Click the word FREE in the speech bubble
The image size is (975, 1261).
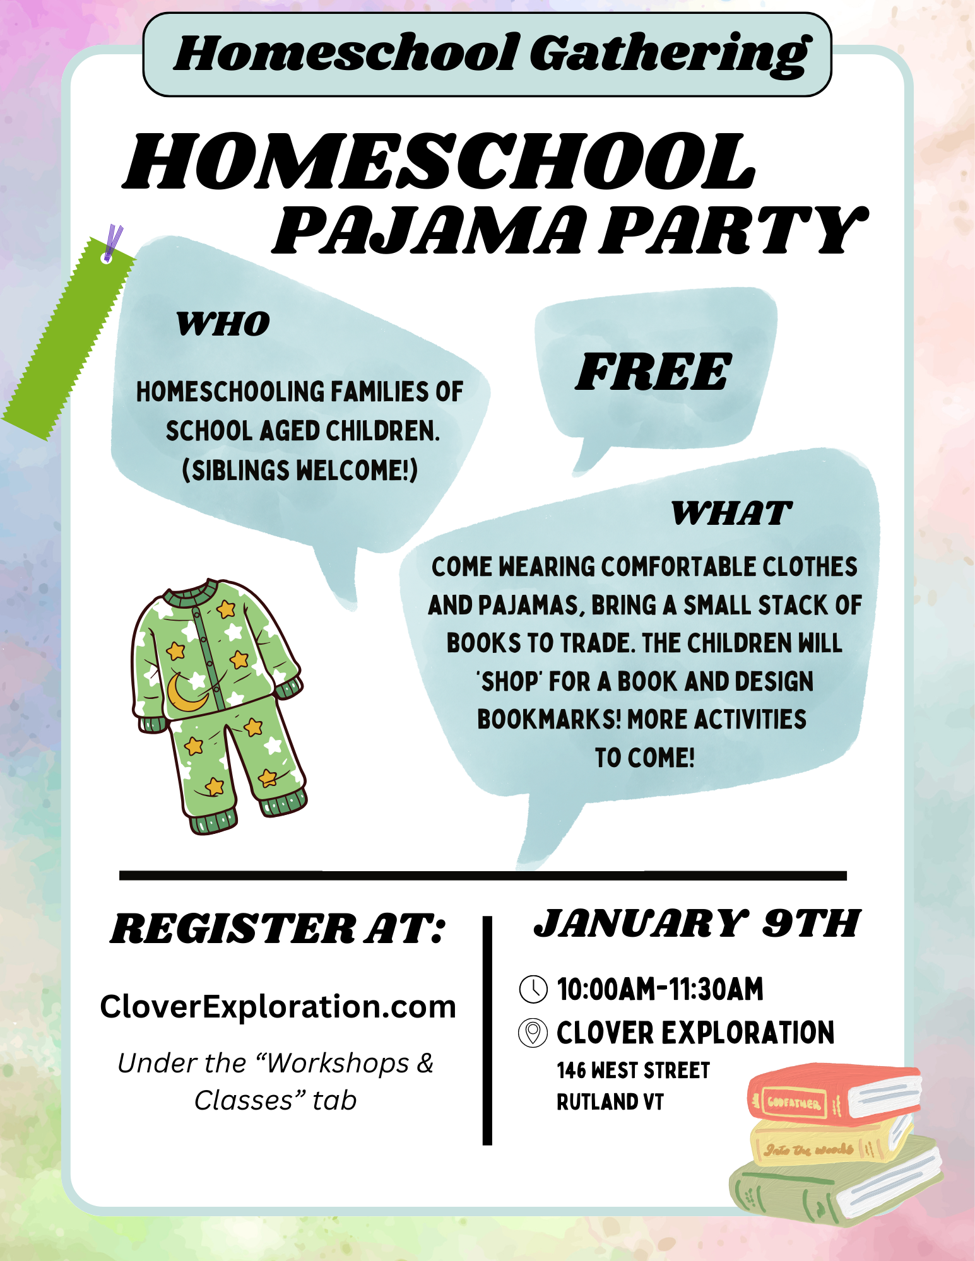coord(653,372)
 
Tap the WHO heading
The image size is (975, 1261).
coord(223,324)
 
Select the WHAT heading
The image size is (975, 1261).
coord(731,513)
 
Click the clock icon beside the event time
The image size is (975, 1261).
coord(533,988)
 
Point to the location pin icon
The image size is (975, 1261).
coord(533,1033)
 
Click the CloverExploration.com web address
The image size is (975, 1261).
coord(278,1007)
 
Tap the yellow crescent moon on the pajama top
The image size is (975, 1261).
coord(185,692)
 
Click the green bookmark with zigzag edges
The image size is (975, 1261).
coord(66,341)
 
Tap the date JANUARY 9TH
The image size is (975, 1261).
coord(697,924)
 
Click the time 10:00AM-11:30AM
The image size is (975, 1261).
coord(659,988)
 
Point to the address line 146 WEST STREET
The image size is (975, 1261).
coord(633,1070)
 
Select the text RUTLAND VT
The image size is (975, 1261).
coord(610,1102)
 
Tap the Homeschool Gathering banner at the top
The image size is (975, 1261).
coord(487,55)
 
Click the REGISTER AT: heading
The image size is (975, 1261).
coord(278,929)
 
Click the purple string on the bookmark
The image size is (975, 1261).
coord(114,242)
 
